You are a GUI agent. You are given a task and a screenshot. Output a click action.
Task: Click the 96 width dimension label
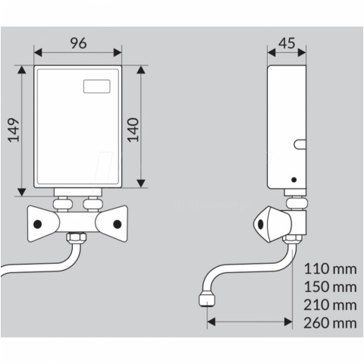point(78,43)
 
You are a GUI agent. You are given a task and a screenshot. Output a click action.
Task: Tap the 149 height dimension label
point(14,130)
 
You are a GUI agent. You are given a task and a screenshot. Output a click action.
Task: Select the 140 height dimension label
point(133,130)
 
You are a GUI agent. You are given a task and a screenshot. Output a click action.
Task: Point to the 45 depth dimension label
point(287,43)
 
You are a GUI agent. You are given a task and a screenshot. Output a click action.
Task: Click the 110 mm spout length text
point(330,268)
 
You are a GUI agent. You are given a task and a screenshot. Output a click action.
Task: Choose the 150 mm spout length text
point(330,287)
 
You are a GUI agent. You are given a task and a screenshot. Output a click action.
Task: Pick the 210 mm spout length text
point(330,305)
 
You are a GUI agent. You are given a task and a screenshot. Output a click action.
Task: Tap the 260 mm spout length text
point(330,323)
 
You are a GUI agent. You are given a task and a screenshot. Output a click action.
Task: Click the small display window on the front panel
point(97,86)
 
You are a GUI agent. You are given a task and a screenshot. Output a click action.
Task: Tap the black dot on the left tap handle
point(38,224)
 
